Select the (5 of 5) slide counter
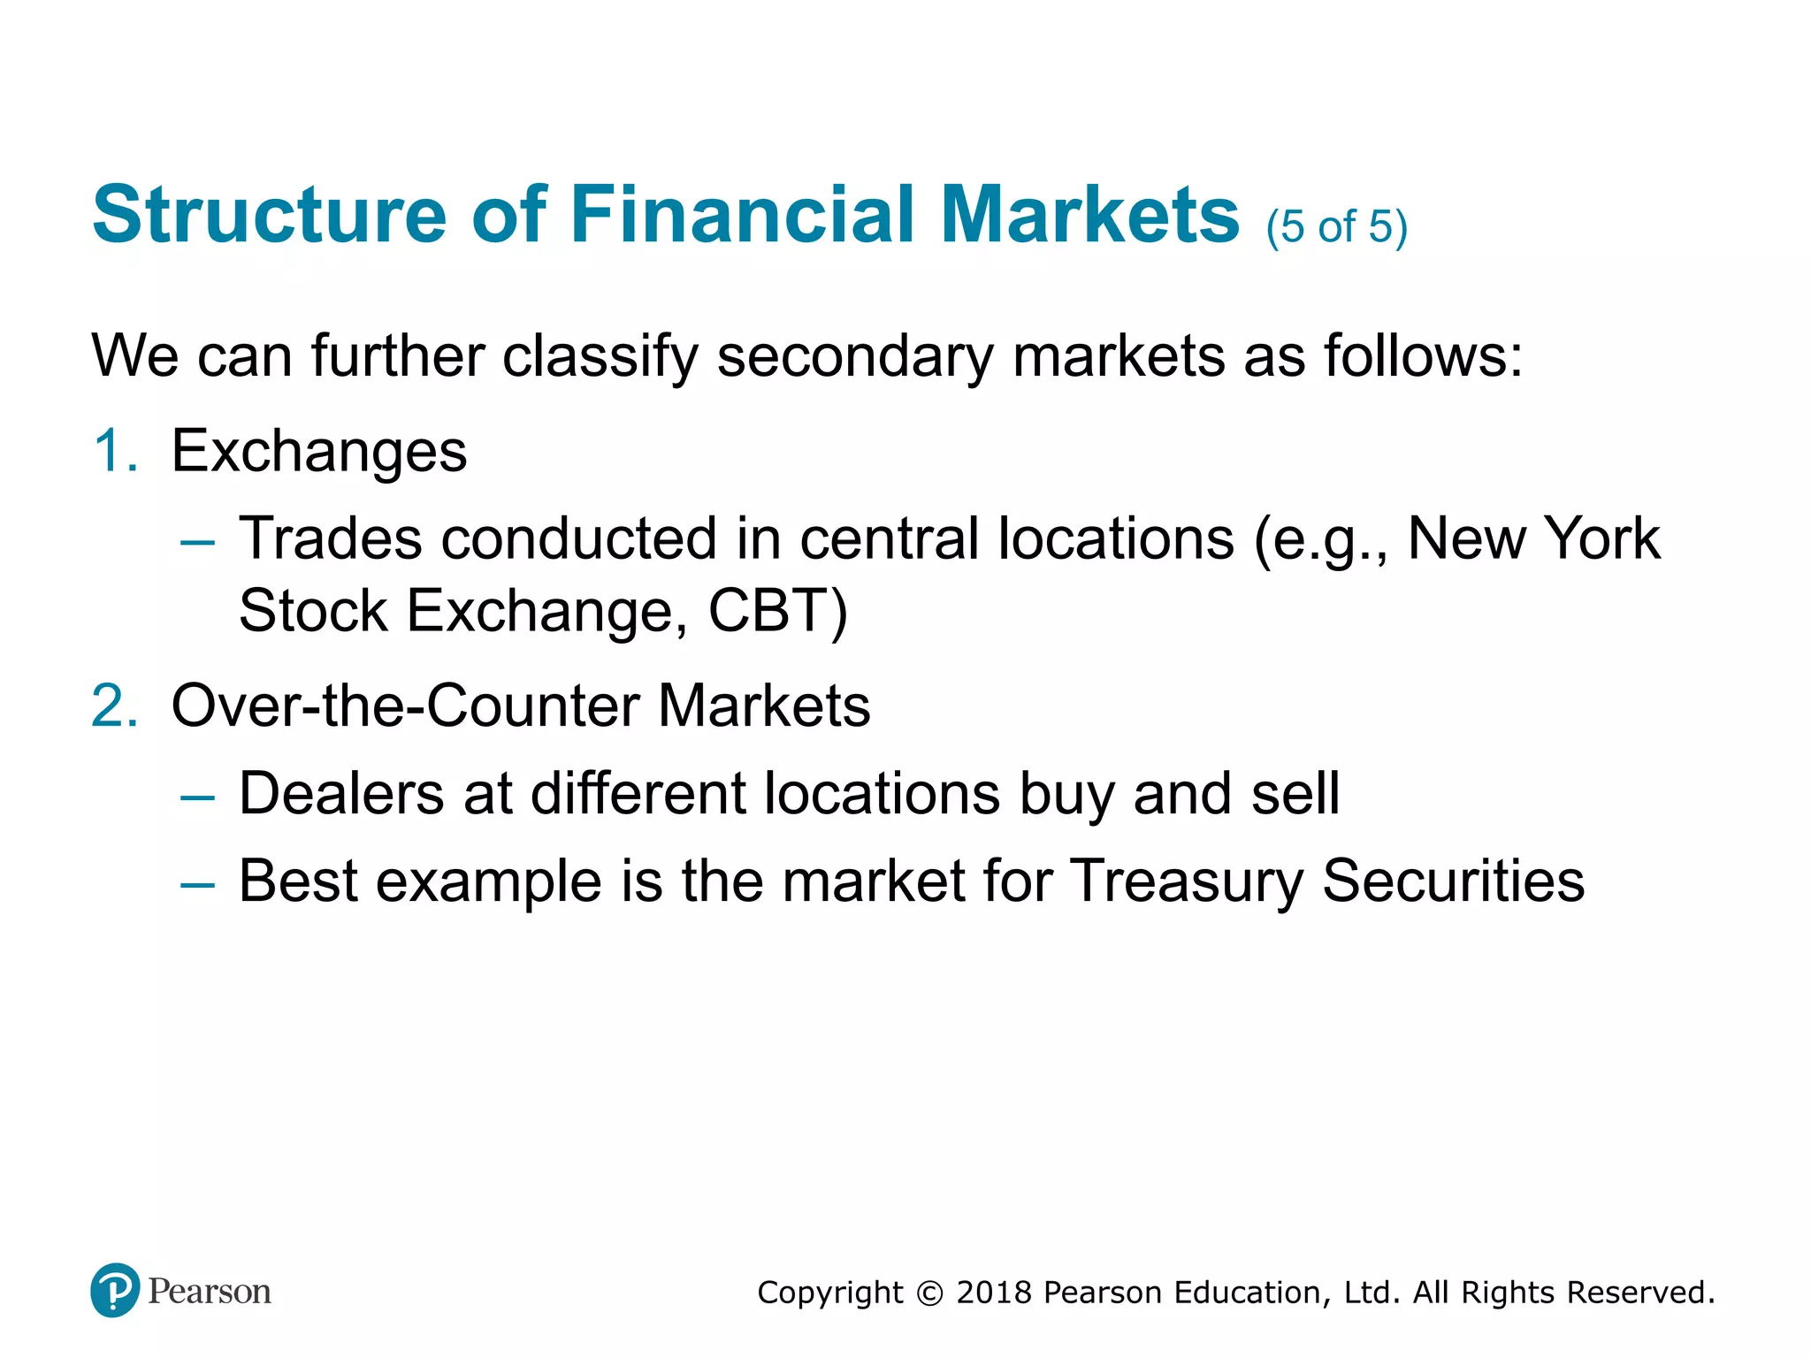point(1335,227)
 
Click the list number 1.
point(115,451)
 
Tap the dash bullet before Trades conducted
point(196,541)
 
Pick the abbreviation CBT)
point(778,611)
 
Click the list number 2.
point(115,706)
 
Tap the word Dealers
point(341,793)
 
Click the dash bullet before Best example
point(196,883)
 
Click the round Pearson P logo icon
point(115,1290)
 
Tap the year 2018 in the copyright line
point(994,1293)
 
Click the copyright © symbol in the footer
point(929,1293)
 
